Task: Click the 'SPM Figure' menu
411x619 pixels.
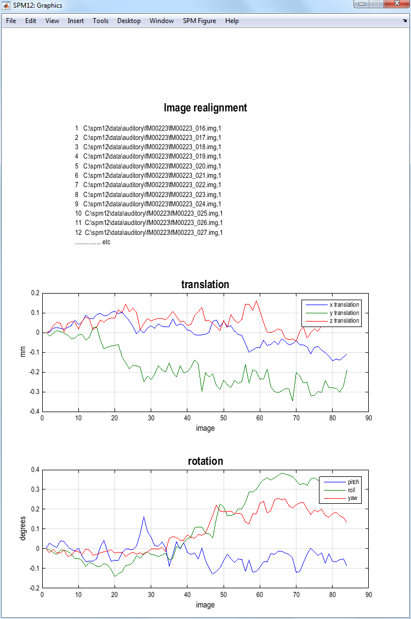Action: (199, 21)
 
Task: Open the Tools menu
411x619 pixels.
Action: (100, 21)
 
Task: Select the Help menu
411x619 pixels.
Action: (232, 21)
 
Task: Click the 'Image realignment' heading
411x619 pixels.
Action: (206, 108)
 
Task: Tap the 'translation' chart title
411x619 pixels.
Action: (206, 284)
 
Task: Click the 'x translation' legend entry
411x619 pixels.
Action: (344, 305)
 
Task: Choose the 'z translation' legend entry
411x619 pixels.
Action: (344, 320)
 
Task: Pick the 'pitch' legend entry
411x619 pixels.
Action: (353, 482)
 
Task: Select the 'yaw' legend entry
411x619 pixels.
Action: (353, 498)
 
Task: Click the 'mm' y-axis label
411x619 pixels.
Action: (23, 352)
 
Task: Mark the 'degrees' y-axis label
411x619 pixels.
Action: (23, 528)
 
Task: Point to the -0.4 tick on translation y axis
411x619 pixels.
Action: (34, 412)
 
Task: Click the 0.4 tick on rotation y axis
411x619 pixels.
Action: (36, 470)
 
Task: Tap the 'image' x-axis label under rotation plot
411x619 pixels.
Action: (206, 605)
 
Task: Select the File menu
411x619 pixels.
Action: (11, 21)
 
